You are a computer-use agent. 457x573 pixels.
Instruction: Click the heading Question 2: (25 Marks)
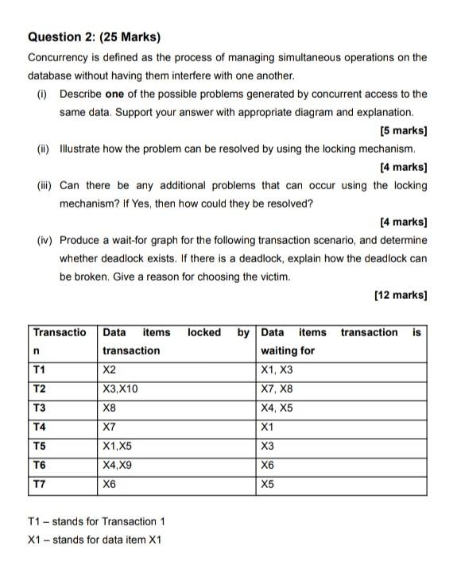coord(94,37)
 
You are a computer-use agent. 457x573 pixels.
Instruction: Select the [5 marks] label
coord(404,130)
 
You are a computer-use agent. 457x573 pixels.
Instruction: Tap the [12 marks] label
coord(401,295)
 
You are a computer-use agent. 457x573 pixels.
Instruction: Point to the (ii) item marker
coord(42,149)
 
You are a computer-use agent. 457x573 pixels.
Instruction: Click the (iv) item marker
coord(43,239)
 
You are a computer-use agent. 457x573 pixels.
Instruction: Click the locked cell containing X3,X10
coord(121,389)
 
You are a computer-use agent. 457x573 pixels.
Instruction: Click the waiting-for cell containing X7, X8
coord(277,389)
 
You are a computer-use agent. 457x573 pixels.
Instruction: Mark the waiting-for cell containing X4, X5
coord(277,408)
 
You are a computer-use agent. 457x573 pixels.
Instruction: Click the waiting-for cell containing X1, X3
coord(277,370)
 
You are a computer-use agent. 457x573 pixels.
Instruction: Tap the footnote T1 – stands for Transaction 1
coord(96,521)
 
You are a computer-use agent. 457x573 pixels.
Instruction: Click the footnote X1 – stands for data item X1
coord(94,540)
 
